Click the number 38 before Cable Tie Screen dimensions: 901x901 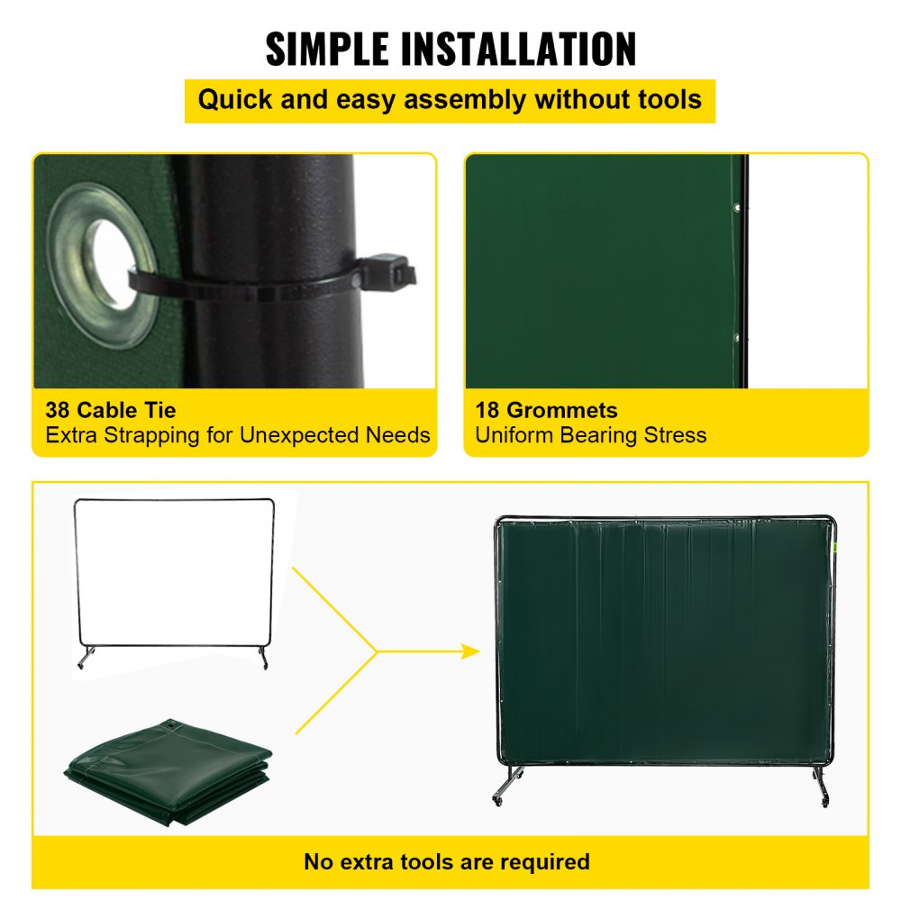(x=58, y=411)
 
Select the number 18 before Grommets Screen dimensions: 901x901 (x=487, y=411)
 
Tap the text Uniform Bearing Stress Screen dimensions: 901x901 (x=590, y=436)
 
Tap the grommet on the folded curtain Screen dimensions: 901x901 (x=168, y=724)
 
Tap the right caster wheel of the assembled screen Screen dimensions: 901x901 (x=824, y=800)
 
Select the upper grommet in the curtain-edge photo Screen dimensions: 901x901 (x=737, y=209)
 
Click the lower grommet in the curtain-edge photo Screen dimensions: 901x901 (x=737, y=338)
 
